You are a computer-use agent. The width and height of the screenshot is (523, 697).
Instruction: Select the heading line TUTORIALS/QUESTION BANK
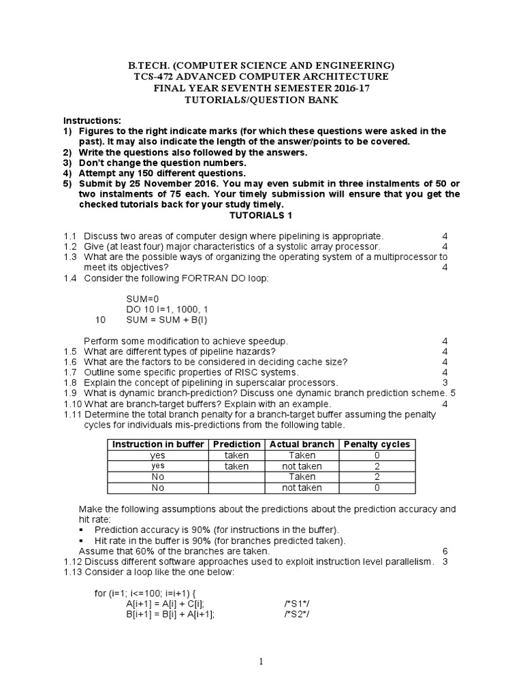pyautogui.click(x=261, y=100)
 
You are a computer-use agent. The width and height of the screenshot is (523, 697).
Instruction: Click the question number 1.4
pyautogui.click(x=71, y=278)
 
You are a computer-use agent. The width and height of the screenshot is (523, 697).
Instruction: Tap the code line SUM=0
pyautogui.click(x=142, y=298)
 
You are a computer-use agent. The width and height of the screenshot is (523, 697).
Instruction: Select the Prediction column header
pyautogui.click(x=236, y=444)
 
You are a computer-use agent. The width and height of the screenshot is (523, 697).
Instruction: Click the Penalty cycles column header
pyautogui.click(x=377, y=444)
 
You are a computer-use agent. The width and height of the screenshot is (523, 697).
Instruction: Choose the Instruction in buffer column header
pyautogui.click(x=157, y=444)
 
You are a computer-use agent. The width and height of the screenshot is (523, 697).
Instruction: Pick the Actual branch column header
pyautogui.click(x=302, y=444)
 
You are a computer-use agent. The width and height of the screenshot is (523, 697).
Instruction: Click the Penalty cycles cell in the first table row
pyautogui.click(x=377, y=455)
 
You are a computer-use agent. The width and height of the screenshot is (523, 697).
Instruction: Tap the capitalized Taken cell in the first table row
pyautogui.click(x=302, y=455)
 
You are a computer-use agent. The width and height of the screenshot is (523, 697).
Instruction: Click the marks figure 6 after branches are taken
pyautogui.click(x=445, y=551)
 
